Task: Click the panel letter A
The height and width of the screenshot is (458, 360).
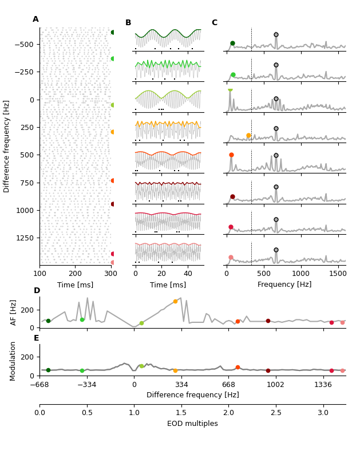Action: coord(35,19)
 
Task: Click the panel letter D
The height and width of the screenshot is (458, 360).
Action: coord(37,291)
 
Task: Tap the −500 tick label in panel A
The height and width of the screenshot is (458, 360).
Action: coord(24,44)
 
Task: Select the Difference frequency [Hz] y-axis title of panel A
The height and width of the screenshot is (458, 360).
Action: coord(7,146)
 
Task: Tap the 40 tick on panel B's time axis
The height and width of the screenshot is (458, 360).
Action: coord(188,275)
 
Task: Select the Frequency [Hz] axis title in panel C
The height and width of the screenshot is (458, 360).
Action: coord(284,285)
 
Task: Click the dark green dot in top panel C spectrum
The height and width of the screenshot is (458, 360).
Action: coord(232,44)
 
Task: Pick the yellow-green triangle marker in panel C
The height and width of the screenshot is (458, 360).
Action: coord(230,90)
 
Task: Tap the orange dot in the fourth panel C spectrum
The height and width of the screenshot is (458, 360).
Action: coord(248,136)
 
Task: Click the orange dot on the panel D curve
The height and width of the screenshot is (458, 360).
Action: coord(175,301)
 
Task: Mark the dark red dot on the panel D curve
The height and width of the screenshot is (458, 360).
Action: coord(268,321)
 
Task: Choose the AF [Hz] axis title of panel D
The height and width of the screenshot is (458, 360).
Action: coord(14,313)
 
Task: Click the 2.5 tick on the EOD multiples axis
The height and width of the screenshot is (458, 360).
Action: coord(276,413)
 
